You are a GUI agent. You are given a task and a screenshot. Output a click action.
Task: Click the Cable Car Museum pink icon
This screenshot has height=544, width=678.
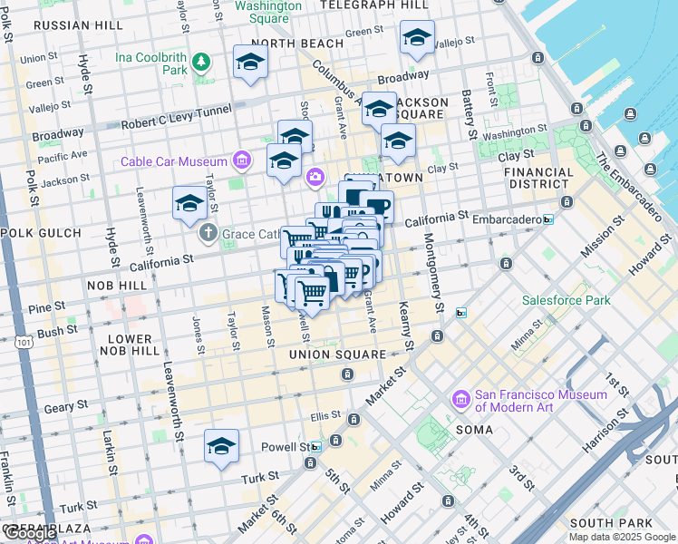tap(241, 161)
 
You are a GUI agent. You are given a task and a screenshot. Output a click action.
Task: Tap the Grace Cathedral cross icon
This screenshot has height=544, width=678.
tap(208, 233)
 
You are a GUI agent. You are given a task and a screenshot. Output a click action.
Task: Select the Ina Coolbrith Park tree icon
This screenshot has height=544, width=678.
tap(199, 63)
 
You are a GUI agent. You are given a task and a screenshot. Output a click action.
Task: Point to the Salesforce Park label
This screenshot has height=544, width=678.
tap(566, 300)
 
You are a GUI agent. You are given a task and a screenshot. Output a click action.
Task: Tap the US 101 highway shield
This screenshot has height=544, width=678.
tap(24, 343)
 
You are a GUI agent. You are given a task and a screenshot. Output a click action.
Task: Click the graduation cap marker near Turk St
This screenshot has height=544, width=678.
tap(221, 446)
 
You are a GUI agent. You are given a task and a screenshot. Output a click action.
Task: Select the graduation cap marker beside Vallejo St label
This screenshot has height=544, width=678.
tap(417, 37)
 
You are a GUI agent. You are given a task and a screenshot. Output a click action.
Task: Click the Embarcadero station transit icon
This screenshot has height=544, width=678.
tap(548, 219)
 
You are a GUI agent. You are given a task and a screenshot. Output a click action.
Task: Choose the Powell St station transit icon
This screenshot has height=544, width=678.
tap(315, 447)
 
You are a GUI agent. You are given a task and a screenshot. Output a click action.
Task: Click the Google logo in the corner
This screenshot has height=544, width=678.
tap(30, 534)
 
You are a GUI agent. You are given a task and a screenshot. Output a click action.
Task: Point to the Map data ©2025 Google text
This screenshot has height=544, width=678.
tap(622, 537)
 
